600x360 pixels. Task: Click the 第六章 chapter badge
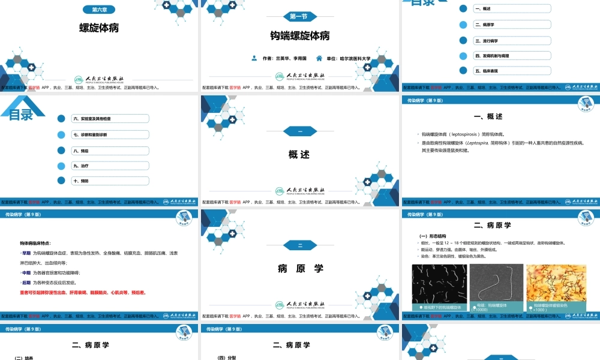coord(99,10)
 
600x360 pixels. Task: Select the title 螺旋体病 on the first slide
coord(99,28)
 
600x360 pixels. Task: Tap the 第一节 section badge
coord(299,16)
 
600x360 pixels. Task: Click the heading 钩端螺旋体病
coord(299,36)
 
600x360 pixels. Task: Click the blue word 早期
coord(26,253)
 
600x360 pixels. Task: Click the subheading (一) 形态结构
coord(431,236)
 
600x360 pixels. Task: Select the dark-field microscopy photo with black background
coord(439,287)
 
